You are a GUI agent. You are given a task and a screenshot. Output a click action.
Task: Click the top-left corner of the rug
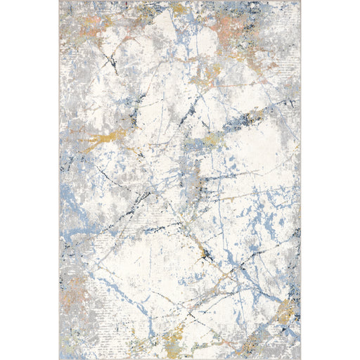[x=60, y=1]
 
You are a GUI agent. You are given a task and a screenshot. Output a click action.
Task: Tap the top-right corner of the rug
[x=300, y=1]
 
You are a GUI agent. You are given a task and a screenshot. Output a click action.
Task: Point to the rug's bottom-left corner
[x=60, y=359]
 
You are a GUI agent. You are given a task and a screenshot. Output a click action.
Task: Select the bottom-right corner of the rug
[x=300, y=359]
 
